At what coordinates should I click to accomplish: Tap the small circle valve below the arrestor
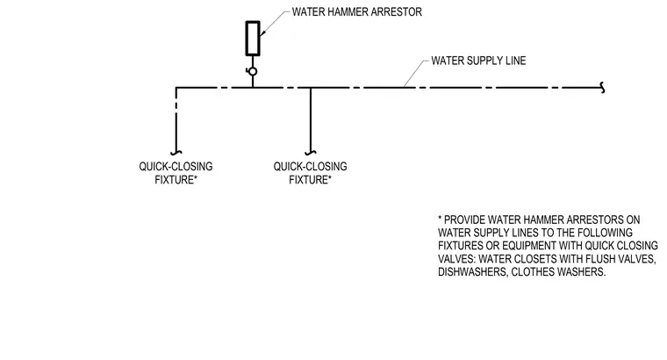coord(253,71)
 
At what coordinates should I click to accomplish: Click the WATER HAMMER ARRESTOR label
coord(357,12)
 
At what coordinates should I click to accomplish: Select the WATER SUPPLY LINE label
coord(478,61)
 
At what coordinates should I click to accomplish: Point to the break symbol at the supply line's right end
coord(602,88)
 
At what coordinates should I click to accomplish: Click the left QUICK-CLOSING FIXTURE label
coord(176,173)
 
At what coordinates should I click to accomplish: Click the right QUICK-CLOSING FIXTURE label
coord(310,173)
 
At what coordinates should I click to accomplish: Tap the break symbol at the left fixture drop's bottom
coord(176,153)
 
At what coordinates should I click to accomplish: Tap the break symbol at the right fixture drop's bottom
coord(311,153)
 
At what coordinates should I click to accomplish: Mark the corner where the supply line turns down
coord(176,88)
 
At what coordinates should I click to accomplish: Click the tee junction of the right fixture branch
coord(311,88)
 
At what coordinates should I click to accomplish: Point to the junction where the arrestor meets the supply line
coord(253,88)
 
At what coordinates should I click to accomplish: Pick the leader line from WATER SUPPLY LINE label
coord(415,74)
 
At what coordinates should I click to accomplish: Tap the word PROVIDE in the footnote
coord(464,220)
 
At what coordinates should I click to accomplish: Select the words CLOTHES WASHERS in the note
coord(558,272)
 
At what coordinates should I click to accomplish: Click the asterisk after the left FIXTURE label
coord(196,177)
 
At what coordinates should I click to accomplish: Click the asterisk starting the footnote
coord(440,218)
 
